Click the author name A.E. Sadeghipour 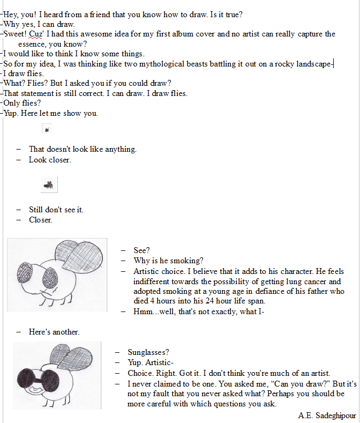coord(327,415)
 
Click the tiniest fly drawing coord(47,129)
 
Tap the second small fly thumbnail coord(49,185)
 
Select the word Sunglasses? coord(148,352)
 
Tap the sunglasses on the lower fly coord(38,374)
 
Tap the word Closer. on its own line coord(41,220)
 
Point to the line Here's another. coord(54,332)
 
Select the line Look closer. coord(50,160)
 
